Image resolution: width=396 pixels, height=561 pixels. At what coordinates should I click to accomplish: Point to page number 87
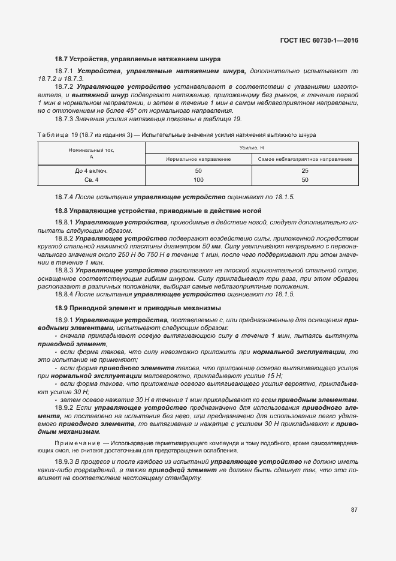354,510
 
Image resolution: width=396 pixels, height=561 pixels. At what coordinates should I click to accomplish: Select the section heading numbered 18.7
138,59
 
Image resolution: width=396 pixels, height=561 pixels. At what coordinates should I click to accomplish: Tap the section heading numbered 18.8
158,211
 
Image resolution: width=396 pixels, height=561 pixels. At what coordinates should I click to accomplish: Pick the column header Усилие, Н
252,146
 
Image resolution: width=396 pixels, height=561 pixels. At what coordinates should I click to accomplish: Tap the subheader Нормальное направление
198,159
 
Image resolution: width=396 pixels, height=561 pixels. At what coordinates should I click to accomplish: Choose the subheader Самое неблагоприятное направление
304,159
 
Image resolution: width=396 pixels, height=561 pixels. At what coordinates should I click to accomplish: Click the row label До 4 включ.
92,171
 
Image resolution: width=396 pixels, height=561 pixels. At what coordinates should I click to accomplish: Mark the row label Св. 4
92,180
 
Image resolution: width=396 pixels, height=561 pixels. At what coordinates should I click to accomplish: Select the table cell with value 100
198,180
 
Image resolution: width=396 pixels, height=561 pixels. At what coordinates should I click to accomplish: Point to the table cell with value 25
304,171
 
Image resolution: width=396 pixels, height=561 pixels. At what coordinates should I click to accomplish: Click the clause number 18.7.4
63,197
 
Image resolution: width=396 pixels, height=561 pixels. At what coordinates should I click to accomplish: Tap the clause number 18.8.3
63,270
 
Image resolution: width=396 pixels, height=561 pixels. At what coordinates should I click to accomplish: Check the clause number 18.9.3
63,461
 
